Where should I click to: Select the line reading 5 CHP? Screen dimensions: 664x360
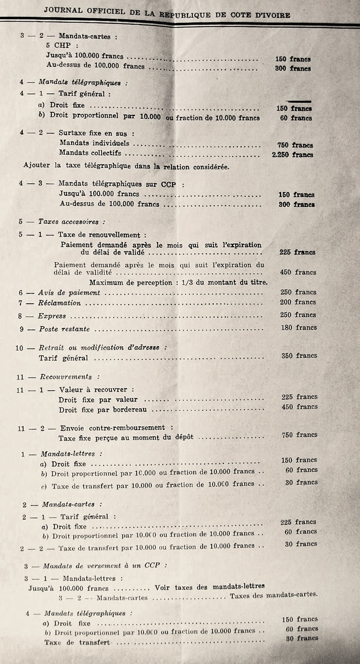click(x=57, y=46)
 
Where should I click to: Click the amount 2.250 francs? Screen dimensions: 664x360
click(x=292, y=155)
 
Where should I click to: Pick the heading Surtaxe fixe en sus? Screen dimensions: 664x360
click(x=96, y=133)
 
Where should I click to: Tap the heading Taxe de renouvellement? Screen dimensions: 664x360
click(x=102, y=235)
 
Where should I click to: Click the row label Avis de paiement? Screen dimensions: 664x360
click(x=69, y=293)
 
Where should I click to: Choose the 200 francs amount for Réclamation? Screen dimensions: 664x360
click(x=298, y=302)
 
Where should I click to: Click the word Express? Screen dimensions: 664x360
click(x=52, y=316)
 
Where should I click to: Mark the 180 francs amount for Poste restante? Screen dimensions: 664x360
click(x=298, y=327)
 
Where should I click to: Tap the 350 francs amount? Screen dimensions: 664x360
click(x=299, y=355)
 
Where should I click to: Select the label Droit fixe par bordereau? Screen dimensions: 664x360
click(x=105, y=409)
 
